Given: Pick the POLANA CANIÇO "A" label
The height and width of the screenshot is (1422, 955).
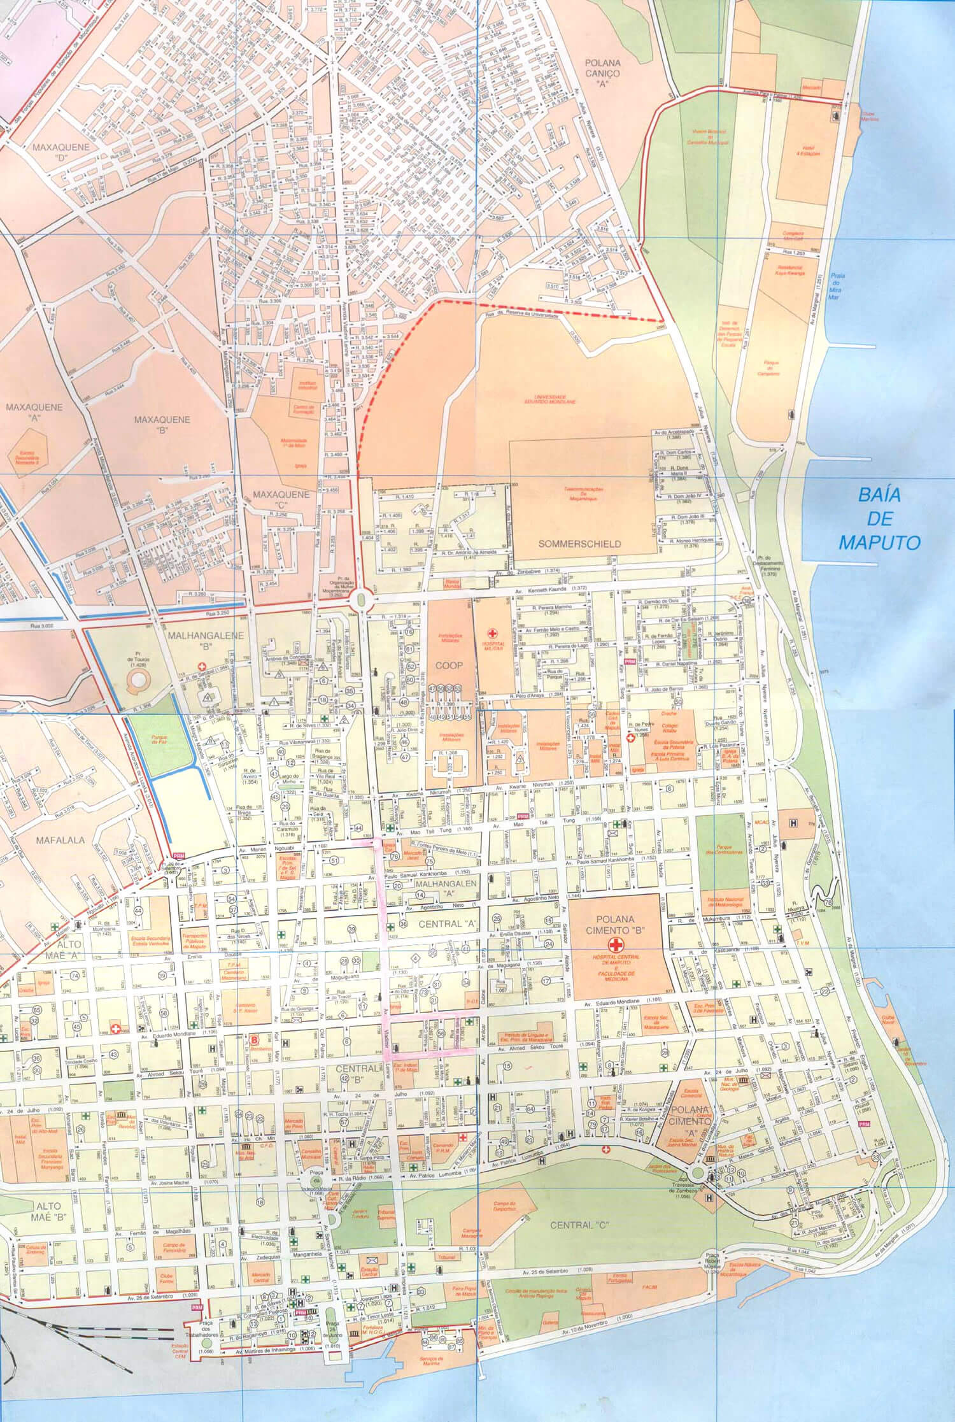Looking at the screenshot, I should (x=604, y=73).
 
